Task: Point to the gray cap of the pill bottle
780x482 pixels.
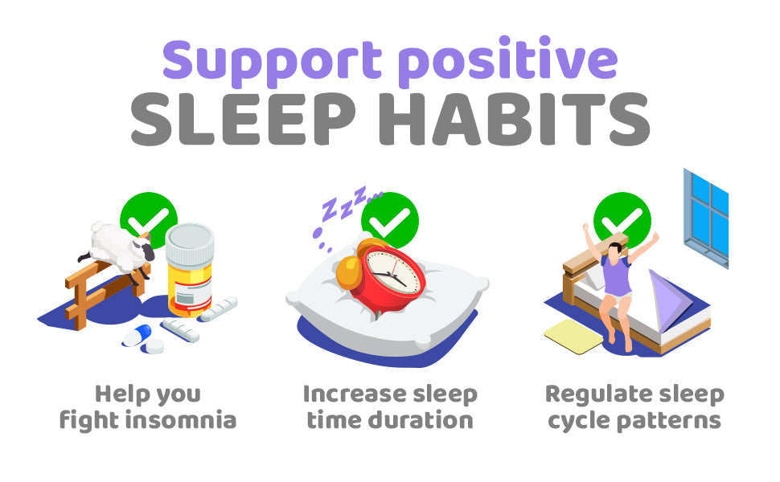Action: [190, 241]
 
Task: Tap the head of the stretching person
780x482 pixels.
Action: [616, 249]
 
